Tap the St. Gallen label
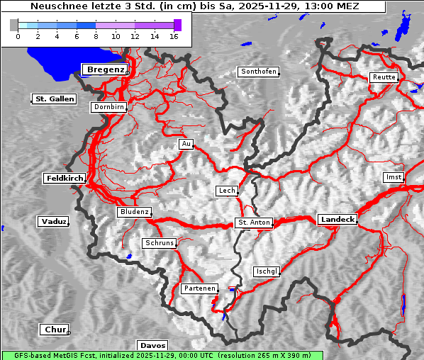[54, 99]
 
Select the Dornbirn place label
[108, 107]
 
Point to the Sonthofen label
[258, 72]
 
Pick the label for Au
[186, 144]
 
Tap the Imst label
[393, 176]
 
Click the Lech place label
[227, 191]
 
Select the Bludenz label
[134, 212]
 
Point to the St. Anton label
[254, 223]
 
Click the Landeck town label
[337, 220]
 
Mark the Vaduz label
[53, 222]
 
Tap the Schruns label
[159, 243]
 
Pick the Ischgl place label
[267, 271]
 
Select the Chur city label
[54, 330]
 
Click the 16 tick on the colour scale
[173, 35]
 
